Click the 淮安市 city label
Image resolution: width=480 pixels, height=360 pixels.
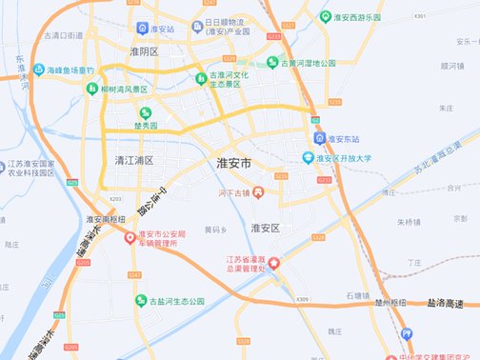coord(234,164)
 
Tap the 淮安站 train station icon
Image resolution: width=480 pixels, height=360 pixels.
coord(143,30)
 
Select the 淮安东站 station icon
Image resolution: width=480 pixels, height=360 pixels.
coord(321,138)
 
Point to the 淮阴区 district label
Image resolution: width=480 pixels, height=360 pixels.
coord(143,51)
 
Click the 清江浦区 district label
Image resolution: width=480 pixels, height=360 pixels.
coord(133,160)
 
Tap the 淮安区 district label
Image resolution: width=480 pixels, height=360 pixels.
coord(265,229)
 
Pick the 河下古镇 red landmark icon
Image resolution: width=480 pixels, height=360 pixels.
coord(257,193)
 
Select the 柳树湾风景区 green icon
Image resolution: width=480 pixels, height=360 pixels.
coord(92,89)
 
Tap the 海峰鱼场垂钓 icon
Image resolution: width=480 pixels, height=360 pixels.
coord(39,70)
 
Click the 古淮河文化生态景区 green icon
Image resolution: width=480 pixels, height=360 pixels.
coord(200,78)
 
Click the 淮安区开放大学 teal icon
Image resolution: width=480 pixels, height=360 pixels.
coord(308,158)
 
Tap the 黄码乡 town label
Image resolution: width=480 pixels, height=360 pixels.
coord(215,230)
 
